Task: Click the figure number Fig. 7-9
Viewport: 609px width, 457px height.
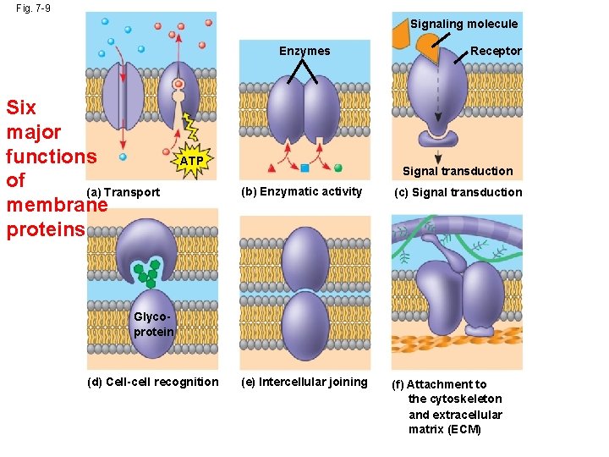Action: click(34, 8)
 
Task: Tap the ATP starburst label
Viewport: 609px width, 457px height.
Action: click(192, 161)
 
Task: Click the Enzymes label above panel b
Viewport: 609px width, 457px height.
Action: click(304, 51)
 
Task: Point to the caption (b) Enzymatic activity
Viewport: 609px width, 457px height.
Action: click(301, 191)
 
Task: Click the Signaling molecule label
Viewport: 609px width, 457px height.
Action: click(464, 24)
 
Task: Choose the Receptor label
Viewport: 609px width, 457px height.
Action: click(496, 51)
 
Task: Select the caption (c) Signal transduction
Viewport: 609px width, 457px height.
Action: click(458, 192)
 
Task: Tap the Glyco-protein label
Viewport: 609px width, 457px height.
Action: click(153, 324)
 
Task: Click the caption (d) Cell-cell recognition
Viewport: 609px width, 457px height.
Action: click(153, 382)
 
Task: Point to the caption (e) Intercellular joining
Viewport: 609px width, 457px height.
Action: click(304, 382)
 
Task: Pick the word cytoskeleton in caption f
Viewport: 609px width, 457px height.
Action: click(466, 399)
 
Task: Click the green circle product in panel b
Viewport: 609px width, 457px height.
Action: click(337, 168)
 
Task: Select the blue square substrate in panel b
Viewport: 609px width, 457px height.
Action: click(304, 168)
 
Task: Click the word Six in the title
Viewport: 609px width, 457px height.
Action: click(21, 108)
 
